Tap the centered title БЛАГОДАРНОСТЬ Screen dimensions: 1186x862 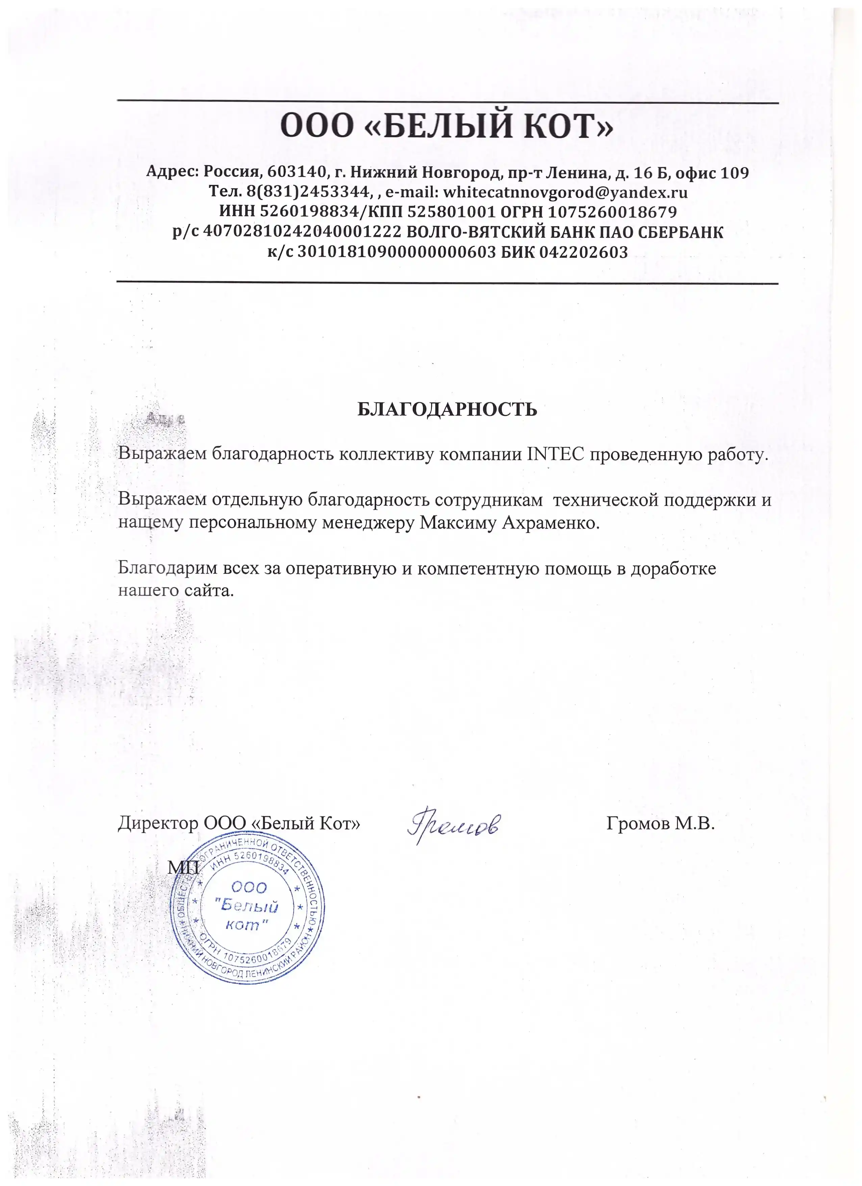[447, 410]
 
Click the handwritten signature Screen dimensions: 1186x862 [453, 825]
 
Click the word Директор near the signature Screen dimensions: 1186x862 [157, 824]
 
